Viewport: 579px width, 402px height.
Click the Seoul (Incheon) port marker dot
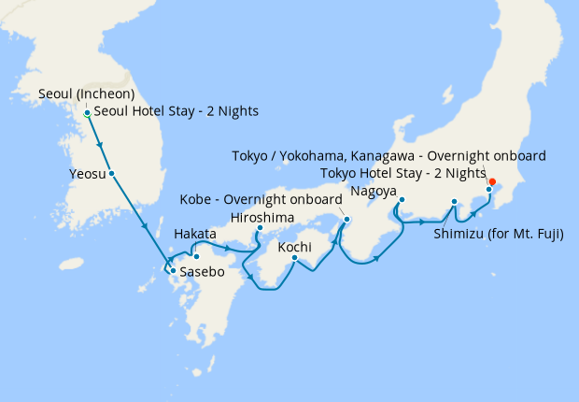coord(87,113)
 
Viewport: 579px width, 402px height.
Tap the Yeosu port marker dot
coord(111,173)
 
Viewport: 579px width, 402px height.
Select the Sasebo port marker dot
coord(172,272)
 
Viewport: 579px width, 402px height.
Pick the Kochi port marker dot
coord(294,258)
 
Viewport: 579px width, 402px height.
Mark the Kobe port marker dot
coord(346,220)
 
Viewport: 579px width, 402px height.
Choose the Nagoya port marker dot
coord(401,200)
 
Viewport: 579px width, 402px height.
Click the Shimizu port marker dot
coord(454,202)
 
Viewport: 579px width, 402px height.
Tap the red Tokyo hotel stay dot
coord(492,182)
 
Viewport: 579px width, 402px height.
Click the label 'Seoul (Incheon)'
coord(88,94)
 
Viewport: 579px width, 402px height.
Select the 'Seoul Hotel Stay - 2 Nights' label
coord(177,112)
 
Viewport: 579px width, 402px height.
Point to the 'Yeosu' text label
coord(86,173)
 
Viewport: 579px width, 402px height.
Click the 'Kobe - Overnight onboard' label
coord(261,200)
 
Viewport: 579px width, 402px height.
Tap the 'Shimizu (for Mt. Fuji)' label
coord(499,234)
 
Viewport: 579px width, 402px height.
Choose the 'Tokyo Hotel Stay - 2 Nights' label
coord(402,173)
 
